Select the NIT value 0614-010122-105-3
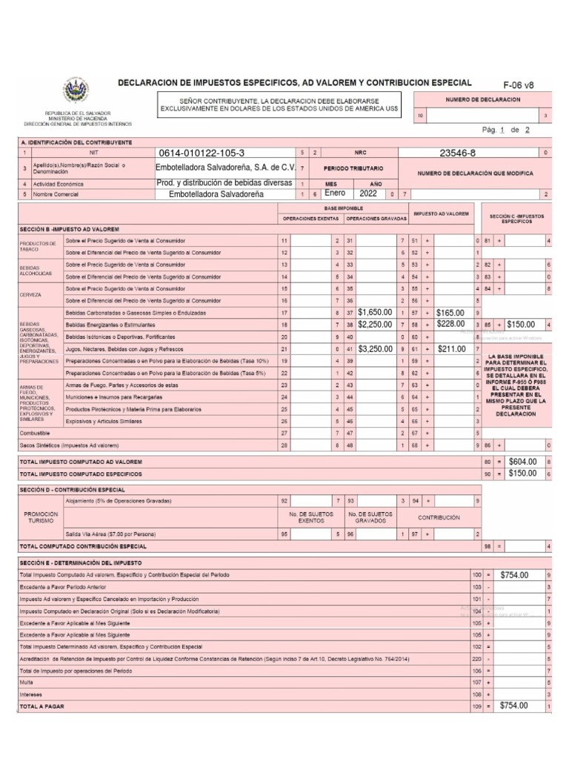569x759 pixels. click(200, 153)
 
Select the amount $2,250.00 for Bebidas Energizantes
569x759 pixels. click(374, 325)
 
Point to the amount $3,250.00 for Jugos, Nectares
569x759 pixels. click(374, 348)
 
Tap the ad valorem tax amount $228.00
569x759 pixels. click(451, 325)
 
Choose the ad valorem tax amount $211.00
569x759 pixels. click(451, 348)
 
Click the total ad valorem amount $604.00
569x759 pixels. click(523, 462)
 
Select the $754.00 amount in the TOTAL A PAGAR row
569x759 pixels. click(514, 706)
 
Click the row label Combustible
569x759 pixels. click(36, 432)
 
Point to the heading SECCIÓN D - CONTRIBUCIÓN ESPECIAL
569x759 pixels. click(71, 490)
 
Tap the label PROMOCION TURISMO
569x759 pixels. click(41, 517)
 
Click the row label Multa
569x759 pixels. click(27, 682)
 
